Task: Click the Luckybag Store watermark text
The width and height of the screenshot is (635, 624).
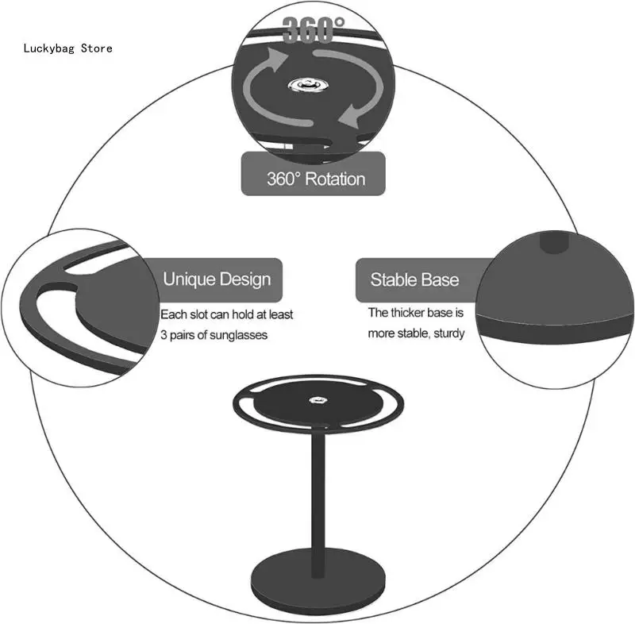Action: pos(67,48)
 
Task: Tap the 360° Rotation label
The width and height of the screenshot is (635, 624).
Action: pos(314,179)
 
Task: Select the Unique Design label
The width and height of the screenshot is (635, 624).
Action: pos(217,279)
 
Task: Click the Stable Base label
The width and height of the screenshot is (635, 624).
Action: pos(414,279)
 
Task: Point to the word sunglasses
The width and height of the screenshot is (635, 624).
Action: pos(239,335)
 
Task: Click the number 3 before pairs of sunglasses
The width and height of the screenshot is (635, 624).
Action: pos(164,335)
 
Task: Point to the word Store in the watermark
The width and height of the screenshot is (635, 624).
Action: pos(97,48)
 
